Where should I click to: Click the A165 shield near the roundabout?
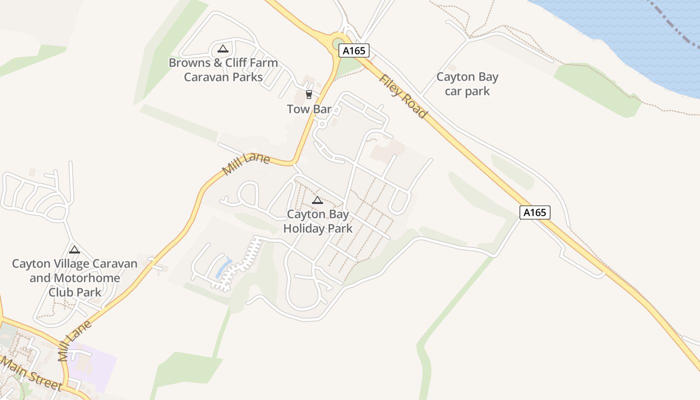pos(354,50)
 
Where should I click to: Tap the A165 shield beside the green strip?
pos(534,212)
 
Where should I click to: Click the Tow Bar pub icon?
pos(308,94)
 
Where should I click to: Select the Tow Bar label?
pos(309,108)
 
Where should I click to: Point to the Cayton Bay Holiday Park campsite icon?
pos(317,200)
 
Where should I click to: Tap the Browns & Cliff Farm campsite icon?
pos(223,48)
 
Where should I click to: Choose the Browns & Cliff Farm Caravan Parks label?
pos(223,70)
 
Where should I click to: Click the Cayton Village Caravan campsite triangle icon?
pos(74,249)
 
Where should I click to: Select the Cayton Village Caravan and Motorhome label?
pos(74,277)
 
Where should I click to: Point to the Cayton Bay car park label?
pos(467,84)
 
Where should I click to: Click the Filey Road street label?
pos(403,96)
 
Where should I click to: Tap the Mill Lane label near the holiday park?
pos(246,164)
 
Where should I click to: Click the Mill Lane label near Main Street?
pos(75,340)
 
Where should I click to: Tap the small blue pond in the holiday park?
pos(223,268)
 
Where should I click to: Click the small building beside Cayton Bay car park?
pos(452,67)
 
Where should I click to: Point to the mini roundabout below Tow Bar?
pos(322,123)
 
